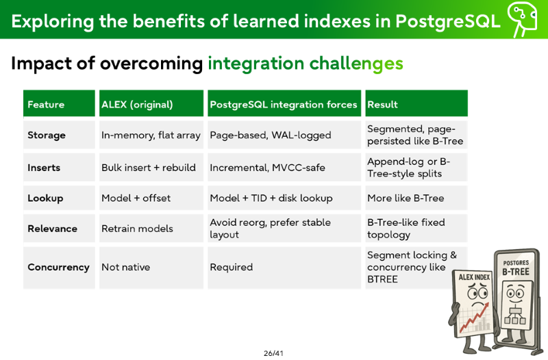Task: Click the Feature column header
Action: pos(46,105)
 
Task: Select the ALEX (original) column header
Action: pos(137,105)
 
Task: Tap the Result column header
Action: pos(382,105)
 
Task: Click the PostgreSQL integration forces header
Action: pos(284,105)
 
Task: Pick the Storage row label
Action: pos(47,135)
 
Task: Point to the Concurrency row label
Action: pos(58,267)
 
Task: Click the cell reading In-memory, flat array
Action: pos(151,135)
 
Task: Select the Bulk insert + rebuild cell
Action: pos(149,168)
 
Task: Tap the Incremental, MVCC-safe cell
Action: pos(267,168)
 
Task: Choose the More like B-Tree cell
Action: pos(406,198)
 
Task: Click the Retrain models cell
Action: pos(138,229)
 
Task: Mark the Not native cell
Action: pos(126,267)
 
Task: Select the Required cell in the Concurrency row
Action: pos(232,267)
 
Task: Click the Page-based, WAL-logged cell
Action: pos(271,135)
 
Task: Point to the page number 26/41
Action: pos(273,353)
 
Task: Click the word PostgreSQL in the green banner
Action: pos(448,21)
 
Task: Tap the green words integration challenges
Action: pos(306,64)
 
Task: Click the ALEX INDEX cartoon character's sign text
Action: pos(474,277)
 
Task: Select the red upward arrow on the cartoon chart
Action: pos(474,317)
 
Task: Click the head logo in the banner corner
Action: pos(523,18)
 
